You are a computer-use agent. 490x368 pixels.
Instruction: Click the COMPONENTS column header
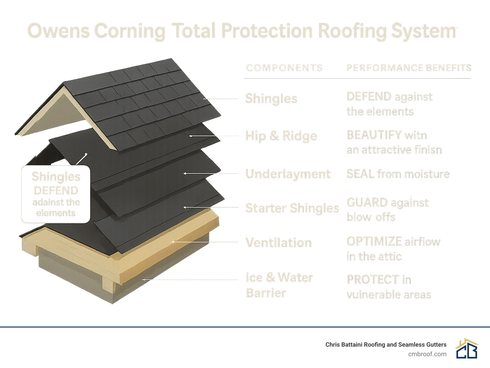click(x=284, y=68)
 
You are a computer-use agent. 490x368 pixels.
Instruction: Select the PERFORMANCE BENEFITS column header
click(x=409, y=68)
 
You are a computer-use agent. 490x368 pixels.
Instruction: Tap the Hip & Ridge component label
click(x=281, y=136)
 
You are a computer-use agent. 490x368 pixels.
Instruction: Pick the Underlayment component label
click(x=288, y=174)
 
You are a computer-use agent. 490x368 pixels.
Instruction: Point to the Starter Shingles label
click(x=292, y=208)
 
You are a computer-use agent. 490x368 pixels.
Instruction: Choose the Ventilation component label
click(x=278, y=243)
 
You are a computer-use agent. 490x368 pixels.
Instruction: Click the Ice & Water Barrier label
click(x=279, y=285)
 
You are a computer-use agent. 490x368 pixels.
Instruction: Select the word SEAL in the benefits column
click(x=360, y=174)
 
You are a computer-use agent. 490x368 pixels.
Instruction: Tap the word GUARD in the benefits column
click(x=367, y=202)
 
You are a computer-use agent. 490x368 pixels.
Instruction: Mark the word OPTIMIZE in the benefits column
click(x=374, y=241)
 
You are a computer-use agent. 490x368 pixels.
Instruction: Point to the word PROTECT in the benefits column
click(x=373, y=280)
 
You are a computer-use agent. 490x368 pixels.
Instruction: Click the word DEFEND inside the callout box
click(x=56, y=191)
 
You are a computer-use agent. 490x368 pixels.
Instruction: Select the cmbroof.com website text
click(x=427, y=354)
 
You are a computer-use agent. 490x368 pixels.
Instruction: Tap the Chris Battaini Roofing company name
click(x=386, y=344)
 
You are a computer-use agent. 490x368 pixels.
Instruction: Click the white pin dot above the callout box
click(x=86, y=155)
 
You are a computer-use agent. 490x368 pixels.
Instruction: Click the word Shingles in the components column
click(x=271, y=99)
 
